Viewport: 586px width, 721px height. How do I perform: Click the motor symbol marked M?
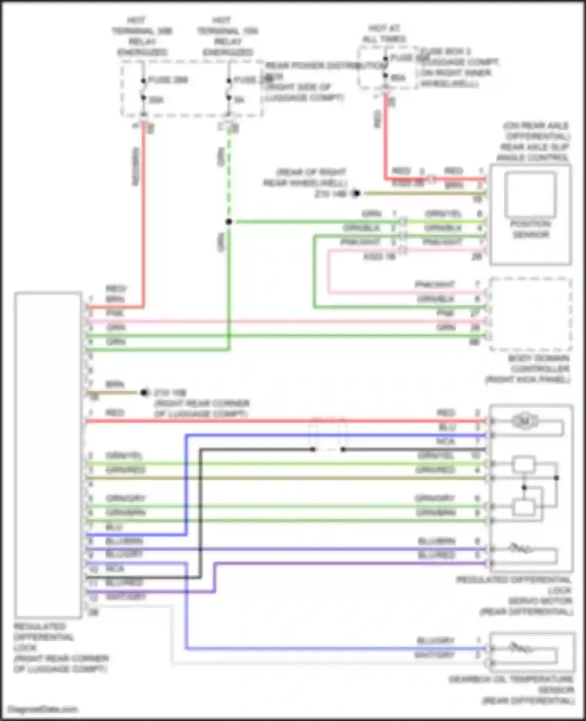[x=525, y=421]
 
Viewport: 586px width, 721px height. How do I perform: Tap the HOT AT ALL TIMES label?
[x=384, y=34]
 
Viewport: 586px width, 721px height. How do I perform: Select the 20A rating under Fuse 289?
[x=156, y=100]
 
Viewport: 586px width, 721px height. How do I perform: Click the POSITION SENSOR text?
[x=530, y=229]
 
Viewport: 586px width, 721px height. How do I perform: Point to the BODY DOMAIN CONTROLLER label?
[x=538, y=364]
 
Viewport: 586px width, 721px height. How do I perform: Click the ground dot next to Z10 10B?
[x=144, y=393]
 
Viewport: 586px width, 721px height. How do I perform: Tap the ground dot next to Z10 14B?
[x=356, y=193]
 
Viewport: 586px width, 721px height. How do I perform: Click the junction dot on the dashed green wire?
[x=229, y=222]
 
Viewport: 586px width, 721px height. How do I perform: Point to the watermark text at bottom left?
[x=43, y=709]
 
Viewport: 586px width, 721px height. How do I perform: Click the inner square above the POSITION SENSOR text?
[x=530, y=194]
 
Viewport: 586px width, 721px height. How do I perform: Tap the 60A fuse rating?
[x=398, y=78]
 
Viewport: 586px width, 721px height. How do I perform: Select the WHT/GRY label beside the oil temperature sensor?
[x=434, y=655]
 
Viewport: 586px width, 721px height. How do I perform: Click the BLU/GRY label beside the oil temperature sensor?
[x=436, y=641]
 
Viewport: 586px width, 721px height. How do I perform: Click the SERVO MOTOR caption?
[x=540, y=601]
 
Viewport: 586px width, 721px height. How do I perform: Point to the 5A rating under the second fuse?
[x=239, y=100]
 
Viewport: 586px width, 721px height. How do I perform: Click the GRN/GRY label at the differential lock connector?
[x=125, y=499]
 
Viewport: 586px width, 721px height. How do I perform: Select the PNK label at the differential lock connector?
[x=115, y=313]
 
